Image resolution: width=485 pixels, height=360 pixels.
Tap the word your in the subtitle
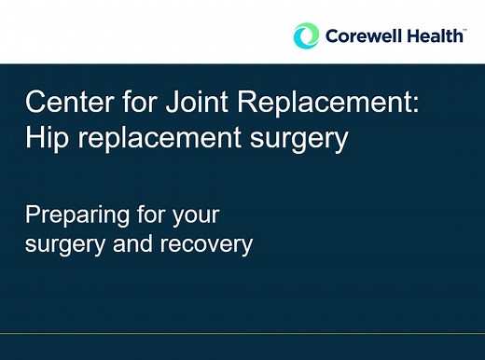tap(196, 215)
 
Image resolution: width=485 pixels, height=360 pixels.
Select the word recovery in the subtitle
tap(211, 244)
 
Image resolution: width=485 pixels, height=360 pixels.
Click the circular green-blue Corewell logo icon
tap(305, 36)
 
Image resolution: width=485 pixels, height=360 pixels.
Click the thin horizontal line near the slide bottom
tap(242, 332)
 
